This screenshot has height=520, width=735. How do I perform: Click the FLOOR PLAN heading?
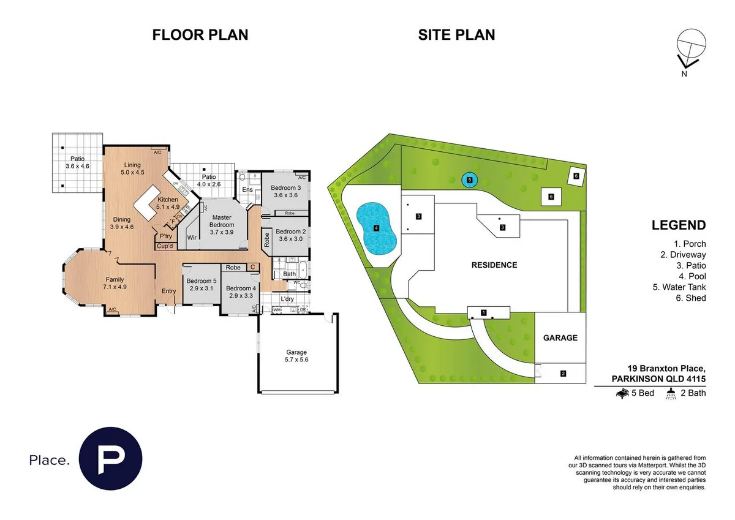(x=200, y=35)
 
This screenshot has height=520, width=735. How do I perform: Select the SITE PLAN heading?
(x=456, y=35)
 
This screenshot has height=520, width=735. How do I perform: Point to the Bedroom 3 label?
(x=285, y=191)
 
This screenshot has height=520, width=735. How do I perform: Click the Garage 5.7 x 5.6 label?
(x=296, y=356)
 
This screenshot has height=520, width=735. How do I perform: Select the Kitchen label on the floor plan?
(x=168, y=203)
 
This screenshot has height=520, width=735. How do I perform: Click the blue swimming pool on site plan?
(x=376, y=229)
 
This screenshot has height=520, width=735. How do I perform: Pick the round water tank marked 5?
(x=469, y=180)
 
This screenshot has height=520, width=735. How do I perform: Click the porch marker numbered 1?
(x=484, y=313)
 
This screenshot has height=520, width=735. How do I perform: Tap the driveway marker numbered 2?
(x=562, y=373)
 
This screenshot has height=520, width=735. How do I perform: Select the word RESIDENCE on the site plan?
(x=494, y=265)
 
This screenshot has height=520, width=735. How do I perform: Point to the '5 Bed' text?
(x=641, y=393)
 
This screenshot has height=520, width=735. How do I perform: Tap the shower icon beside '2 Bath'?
(x=672, y=393)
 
